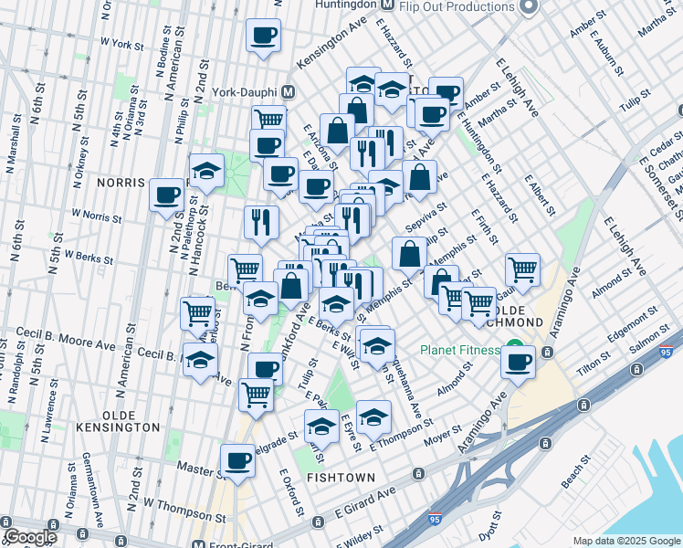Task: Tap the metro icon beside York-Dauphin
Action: (x=289, y=92)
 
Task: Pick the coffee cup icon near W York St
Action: (x=264, y=36)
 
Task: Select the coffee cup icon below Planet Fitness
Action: (x=518, y=361)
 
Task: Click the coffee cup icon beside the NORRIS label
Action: (x=167, y=194)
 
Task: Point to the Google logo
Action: (x=30, y=537)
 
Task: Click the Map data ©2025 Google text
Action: (x=626, y=541)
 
